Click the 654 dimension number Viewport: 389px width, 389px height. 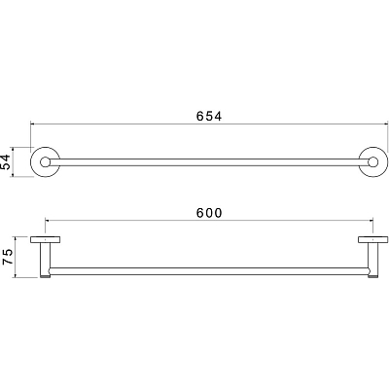[x=209, y=116]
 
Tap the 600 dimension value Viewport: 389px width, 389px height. [x=209, y=213]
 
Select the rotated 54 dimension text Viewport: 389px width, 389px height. [x=7, y=161]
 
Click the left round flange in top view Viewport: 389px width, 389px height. [x=32, y=162]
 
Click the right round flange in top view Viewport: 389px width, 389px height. [x=386, y=162]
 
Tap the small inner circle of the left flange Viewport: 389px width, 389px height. [x=45, y=162]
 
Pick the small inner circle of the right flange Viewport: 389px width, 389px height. [x=373, y=162]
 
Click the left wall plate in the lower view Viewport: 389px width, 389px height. [x=46, y=240]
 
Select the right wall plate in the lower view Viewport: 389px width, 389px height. [x=373, y=240]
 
